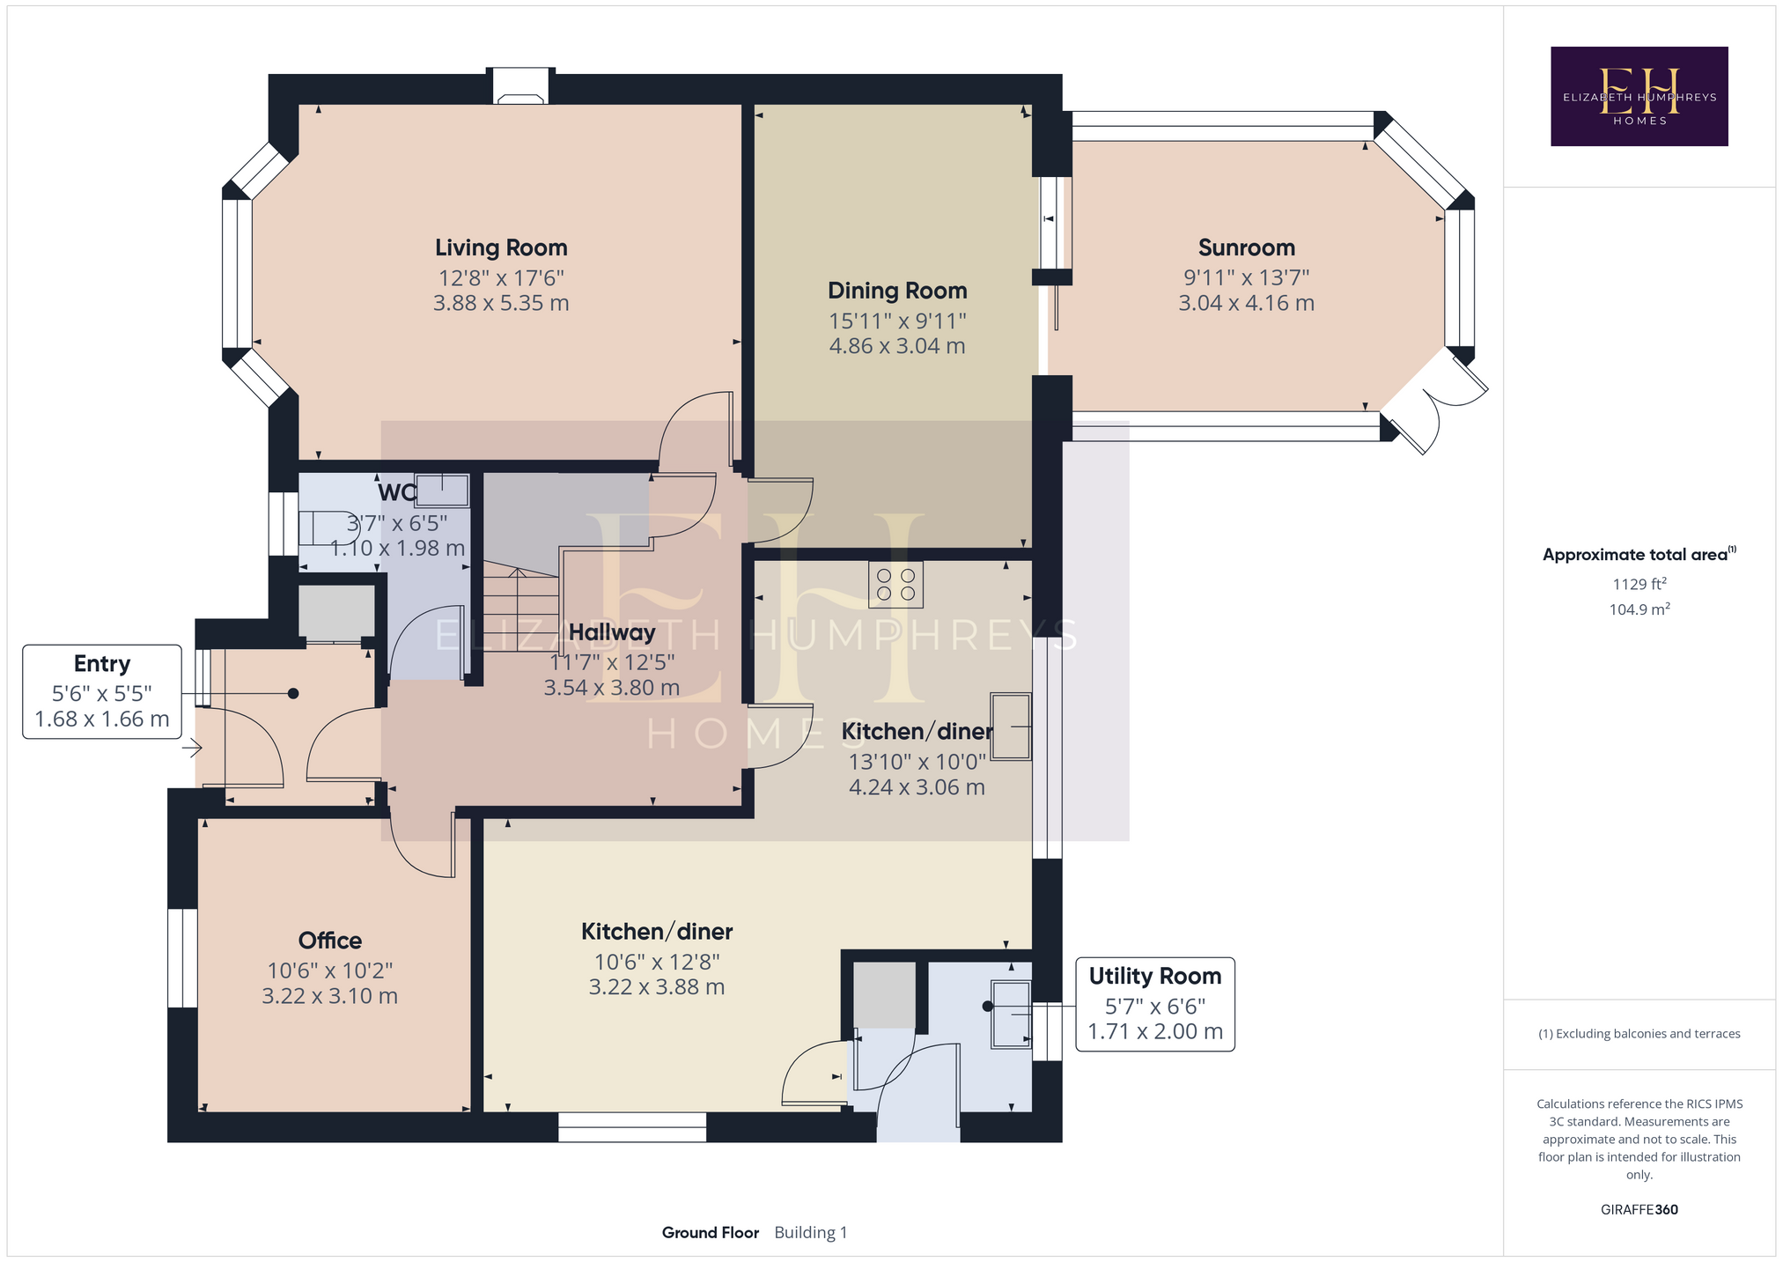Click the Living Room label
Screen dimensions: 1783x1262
(501, 248)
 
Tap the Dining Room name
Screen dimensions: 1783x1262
(897, 291)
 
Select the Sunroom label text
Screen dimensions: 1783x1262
(1246, 247)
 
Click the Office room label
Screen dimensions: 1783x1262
(330, 941)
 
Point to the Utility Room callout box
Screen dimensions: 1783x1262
(1155, 1004)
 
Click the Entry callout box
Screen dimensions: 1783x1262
(102, 691)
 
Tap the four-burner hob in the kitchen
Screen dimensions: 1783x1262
(895, 585)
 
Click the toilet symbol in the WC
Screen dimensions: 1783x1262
(327, 528)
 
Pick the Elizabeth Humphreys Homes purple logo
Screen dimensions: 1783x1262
(1639, 96)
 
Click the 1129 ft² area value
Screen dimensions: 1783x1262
(1639, 584)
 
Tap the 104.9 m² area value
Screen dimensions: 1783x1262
(1639, 609)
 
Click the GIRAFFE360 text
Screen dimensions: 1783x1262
(1639, 1209)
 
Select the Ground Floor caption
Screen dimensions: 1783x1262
(710, 1232)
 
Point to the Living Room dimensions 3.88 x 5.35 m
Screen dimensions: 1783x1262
(501, 303)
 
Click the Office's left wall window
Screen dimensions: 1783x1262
(182, 958)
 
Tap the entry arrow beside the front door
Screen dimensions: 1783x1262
(193, 749)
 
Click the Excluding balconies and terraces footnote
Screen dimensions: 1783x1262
(1639, 1034)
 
